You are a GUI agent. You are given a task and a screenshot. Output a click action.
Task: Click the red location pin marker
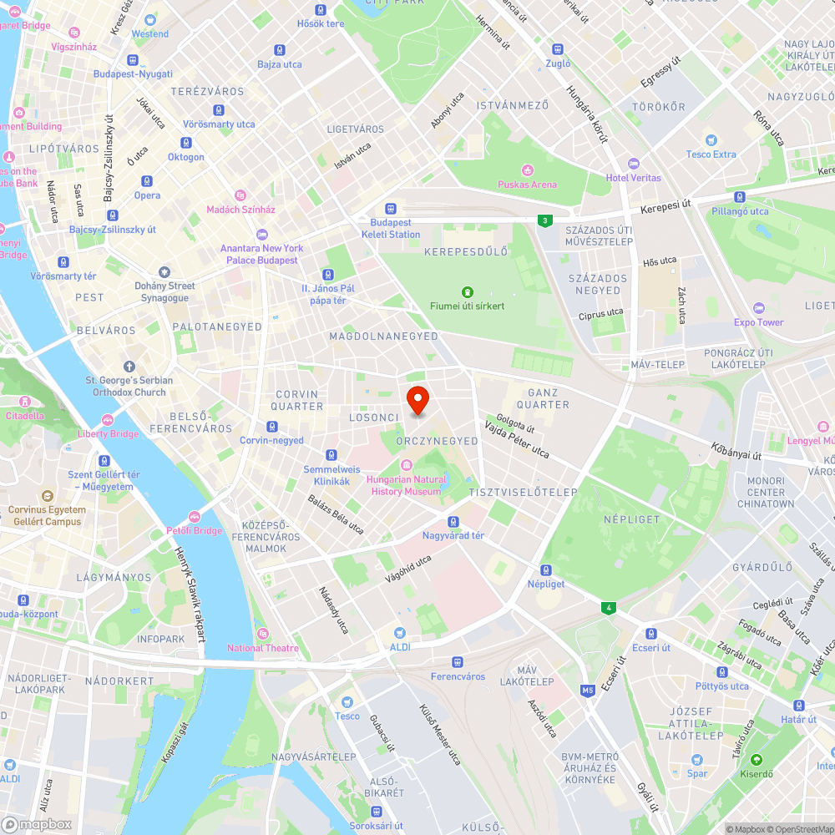point(417,400)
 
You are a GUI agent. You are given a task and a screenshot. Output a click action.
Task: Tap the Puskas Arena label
point(527,185)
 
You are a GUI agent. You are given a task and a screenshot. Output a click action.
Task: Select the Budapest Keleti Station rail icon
point(390,209)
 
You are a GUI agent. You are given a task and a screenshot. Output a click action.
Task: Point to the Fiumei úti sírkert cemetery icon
point(467,292)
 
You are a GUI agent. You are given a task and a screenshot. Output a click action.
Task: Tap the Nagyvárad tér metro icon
point(453,521)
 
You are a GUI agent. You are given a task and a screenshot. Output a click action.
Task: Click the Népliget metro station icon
point(545,569)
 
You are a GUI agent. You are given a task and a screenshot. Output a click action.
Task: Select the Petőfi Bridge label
point(195,530)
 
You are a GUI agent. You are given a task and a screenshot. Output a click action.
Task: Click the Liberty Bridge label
point(108,433)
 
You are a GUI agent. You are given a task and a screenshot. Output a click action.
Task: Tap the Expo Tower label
point(759,321)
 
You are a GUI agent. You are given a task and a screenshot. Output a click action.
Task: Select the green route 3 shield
point(544,220)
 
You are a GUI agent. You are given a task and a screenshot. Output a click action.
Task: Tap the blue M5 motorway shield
point(588,690)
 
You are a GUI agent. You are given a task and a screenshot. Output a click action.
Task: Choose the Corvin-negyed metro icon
point(272,427)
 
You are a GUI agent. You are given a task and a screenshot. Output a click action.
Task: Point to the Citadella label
point(25,415)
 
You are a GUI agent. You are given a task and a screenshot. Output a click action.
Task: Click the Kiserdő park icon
point(756,760)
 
